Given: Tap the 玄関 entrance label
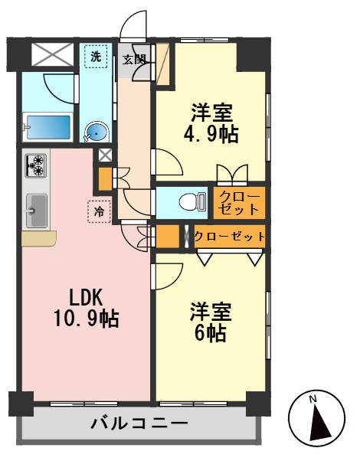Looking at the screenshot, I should click(134, 59).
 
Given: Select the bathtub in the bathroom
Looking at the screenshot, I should click(47, 127).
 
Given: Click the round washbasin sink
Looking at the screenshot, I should click(97, 133).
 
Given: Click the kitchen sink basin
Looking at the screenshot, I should click(36, 209).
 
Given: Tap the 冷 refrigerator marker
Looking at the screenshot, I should click(100, 211).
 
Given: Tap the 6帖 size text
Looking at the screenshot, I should click(208, 334).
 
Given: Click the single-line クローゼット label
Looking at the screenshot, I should click(228, 237).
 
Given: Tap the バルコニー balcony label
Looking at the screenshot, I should click(139, 423).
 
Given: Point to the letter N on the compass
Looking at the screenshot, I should click(313, 399).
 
